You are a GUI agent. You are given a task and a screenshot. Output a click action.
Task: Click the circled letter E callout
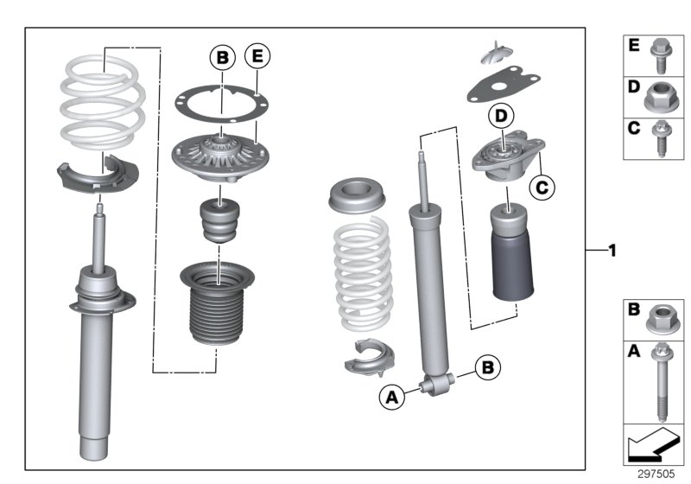point(257,58)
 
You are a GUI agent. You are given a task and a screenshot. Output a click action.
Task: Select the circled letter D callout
point(499,115)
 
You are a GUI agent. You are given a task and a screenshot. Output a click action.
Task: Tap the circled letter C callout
point(542,184)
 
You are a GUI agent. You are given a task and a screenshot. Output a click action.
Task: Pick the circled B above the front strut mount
point(223,58)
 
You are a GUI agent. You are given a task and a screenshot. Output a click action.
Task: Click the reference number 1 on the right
point(612,252)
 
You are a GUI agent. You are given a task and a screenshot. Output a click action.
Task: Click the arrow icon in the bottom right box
point(652,446)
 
